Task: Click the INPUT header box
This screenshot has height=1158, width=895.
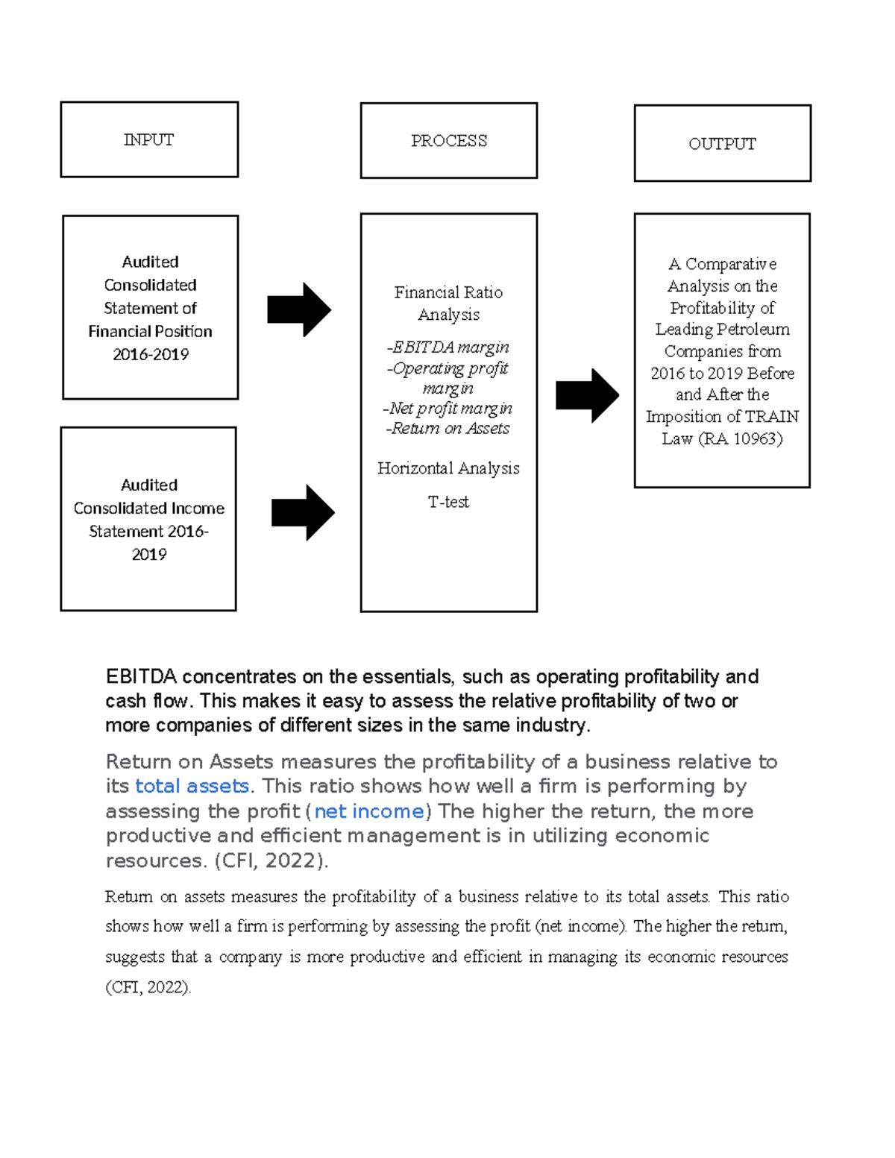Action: [149, 139]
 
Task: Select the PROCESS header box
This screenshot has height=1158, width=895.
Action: [448, 141]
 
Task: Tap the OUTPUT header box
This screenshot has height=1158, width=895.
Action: [722, 143]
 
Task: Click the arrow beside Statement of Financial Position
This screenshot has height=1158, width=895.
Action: [299, 309]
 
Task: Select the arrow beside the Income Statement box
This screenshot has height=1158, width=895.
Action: [303, 513]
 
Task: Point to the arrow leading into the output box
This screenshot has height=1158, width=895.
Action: [587, 396]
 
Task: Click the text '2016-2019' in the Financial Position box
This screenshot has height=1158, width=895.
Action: [151, 354]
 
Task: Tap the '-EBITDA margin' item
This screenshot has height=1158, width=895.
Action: [448, 347]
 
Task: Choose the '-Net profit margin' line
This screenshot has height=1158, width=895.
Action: [448, 408]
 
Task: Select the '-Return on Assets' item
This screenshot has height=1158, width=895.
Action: [448, 428]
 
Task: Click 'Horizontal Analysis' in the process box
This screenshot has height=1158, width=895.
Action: [448, 468]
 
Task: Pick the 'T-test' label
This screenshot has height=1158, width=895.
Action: [448, 502]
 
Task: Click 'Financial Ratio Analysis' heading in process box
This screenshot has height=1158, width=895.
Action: [448, 303]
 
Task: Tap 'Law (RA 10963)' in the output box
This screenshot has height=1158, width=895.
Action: [722, 438]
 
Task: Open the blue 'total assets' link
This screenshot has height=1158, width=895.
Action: [192, 786]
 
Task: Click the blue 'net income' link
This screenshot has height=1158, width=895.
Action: [369, 811]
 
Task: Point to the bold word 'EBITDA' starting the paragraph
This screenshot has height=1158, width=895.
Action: [141, 676]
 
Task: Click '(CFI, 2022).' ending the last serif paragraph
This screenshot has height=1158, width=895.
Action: [148, 987]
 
